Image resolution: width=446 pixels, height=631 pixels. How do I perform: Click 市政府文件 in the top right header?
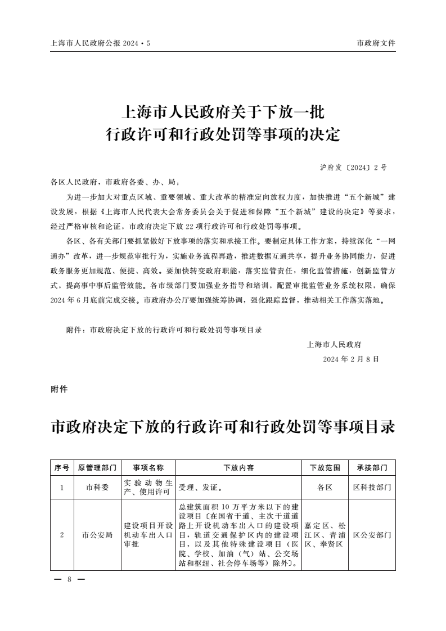376,43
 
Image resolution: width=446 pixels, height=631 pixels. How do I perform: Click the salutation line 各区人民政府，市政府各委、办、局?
115,182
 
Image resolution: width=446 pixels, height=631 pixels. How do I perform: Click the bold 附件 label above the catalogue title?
59,389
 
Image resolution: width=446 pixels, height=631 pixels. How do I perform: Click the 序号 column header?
62,467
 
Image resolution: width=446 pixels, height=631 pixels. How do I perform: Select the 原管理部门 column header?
97,467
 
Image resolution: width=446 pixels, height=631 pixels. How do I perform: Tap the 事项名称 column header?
148,467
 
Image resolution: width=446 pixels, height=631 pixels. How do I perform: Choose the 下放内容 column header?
239,467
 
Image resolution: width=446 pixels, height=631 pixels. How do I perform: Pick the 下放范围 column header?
325,467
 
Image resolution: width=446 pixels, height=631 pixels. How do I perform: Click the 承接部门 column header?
372,467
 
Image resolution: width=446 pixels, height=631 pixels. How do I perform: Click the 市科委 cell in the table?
97,488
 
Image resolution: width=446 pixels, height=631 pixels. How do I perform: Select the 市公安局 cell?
97,535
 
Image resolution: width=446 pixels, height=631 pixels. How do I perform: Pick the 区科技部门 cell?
372,488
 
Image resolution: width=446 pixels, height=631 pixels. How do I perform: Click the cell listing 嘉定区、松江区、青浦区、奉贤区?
325,535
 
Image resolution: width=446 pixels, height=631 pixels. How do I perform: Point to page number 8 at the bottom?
68,579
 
